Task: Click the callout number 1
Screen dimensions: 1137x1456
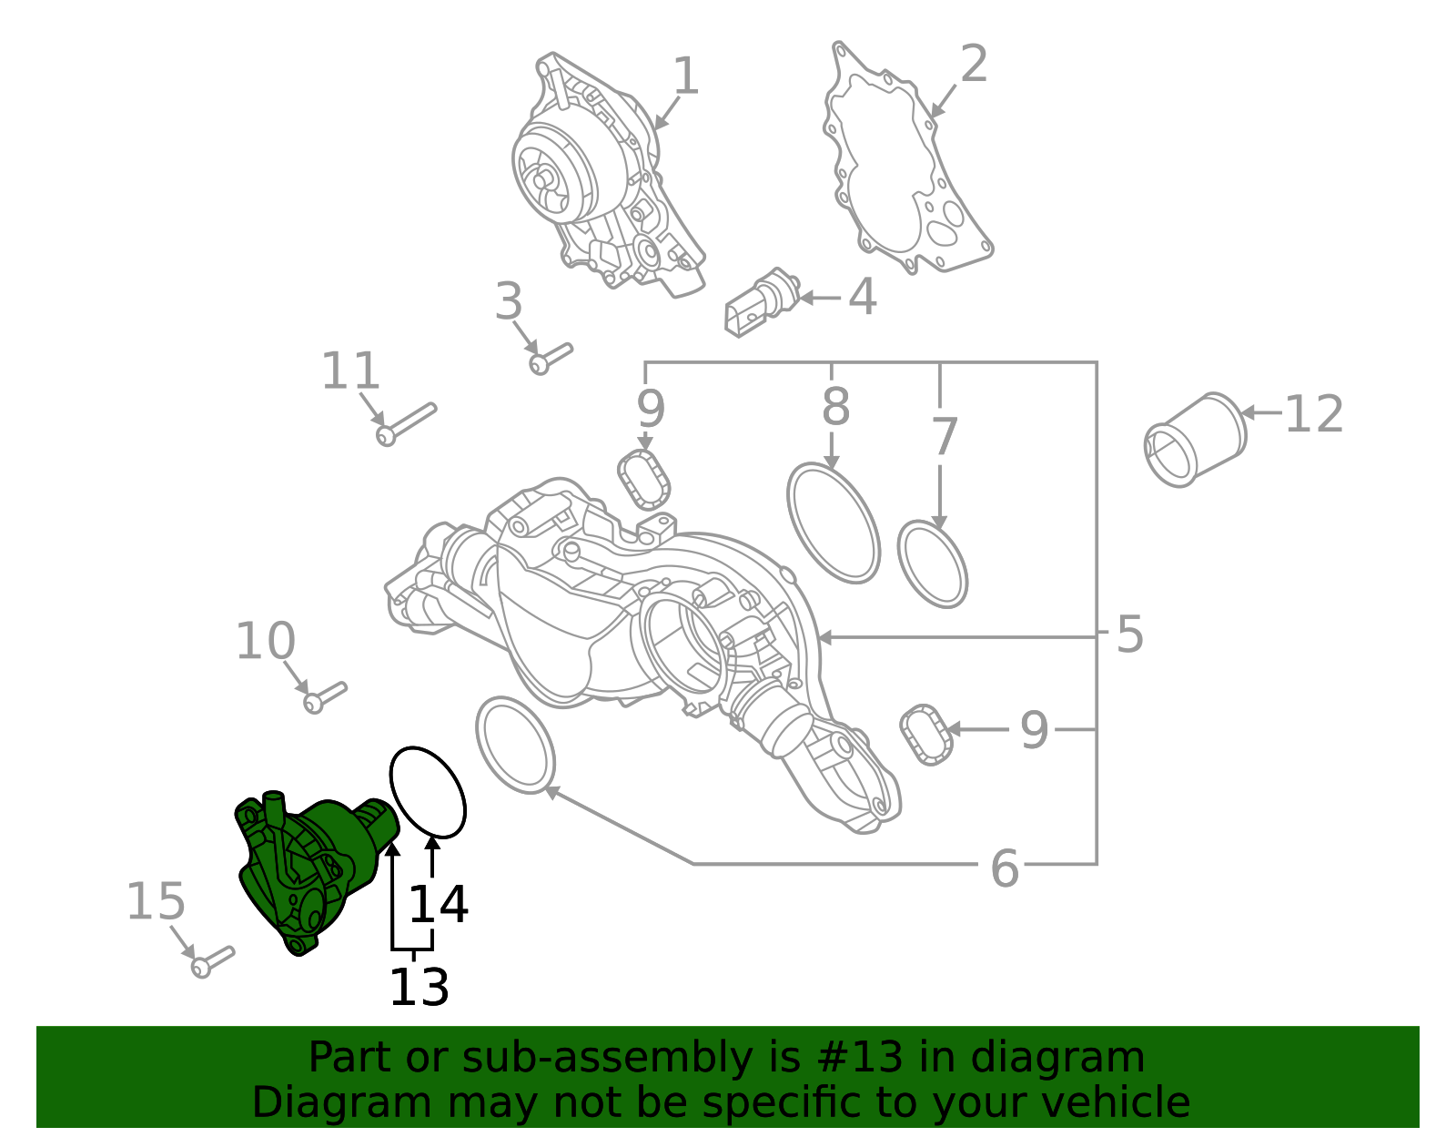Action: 685,76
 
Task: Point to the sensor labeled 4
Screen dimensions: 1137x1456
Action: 761,301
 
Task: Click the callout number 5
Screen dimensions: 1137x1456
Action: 1128,634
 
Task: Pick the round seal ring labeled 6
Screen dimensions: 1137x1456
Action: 515,746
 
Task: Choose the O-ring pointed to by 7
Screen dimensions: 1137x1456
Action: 932,564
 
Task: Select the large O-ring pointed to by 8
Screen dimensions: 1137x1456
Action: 833,523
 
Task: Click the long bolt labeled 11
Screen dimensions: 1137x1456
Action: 406,424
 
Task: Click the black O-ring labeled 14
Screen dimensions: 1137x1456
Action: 428,791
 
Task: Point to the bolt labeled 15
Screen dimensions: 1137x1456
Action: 212,961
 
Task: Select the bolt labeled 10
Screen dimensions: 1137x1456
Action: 325,697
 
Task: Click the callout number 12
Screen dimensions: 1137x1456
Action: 1313,415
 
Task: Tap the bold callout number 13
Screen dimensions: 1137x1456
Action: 419,988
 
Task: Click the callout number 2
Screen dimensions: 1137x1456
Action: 974,66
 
